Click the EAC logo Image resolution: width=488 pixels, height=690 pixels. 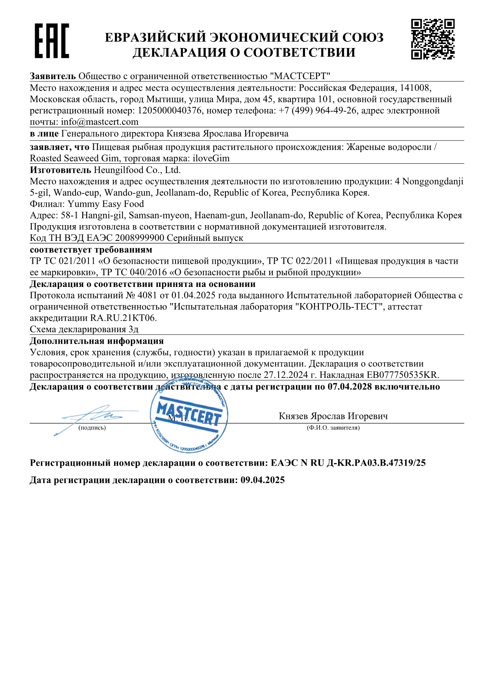pos(52,41)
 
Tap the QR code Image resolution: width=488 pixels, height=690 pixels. pos(433,39)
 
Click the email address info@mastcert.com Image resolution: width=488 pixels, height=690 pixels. pos(100,122)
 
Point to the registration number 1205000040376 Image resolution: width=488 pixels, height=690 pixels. pos(170,111)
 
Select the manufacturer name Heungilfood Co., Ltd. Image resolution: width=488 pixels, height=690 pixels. pos(137,170)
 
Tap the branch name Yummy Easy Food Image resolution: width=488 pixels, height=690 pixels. pos(106,204)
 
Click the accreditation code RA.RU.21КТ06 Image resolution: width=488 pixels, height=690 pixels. pos(123,318)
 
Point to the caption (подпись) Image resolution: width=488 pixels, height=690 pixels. pos(92,428)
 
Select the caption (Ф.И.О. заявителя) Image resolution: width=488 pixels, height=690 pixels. pos(333,428)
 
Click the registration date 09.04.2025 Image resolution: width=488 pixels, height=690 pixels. pos(262,480)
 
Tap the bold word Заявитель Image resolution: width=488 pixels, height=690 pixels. pos(53,76)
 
